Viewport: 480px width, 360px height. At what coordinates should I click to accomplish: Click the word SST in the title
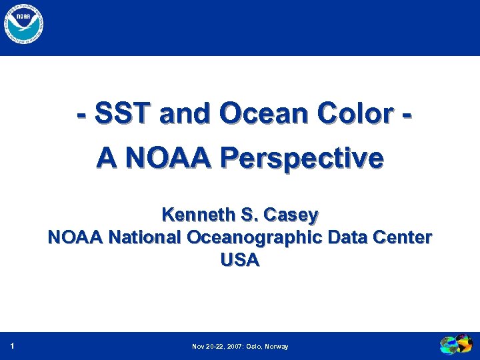tap(123, 115)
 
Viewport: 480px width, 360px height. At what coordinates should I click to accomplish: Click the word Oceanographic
tap(262, 237)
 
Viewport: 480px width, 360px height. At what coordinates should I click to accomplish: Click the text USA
tap(239, 260)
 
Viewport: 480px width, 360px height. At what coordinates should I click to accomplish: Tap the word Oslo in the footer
tap(256, 347)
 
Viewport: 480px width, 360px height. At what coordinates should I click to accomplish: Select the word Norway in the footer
tap(277, 347)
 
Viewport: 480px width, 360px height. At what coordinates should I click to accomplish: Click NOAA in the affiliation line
tap(75, 237)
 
